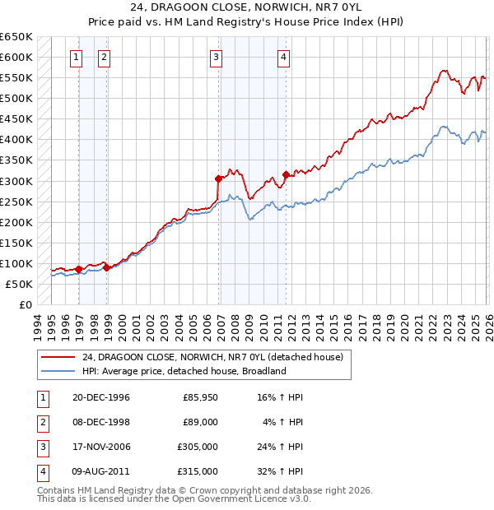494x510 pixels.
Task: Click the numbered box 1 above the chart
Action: (77, 57)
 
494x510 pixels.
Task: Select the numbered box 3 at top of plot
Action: (216, 57)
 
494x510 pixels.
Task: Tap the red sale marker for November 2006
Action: (218, 178)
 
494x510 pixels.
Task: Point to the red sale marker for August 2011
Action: (286, 174)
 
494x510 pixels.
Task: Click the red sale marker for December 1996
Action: (78, 269)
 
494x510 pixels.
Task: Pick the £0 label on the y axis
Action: (25, 304)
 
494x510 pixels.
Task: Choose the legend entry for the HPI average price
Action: (183, 371)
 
